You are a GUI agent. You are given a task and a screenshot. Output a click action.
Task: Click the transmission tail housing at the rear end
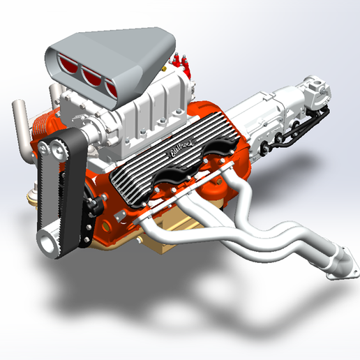coord(314,91)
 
